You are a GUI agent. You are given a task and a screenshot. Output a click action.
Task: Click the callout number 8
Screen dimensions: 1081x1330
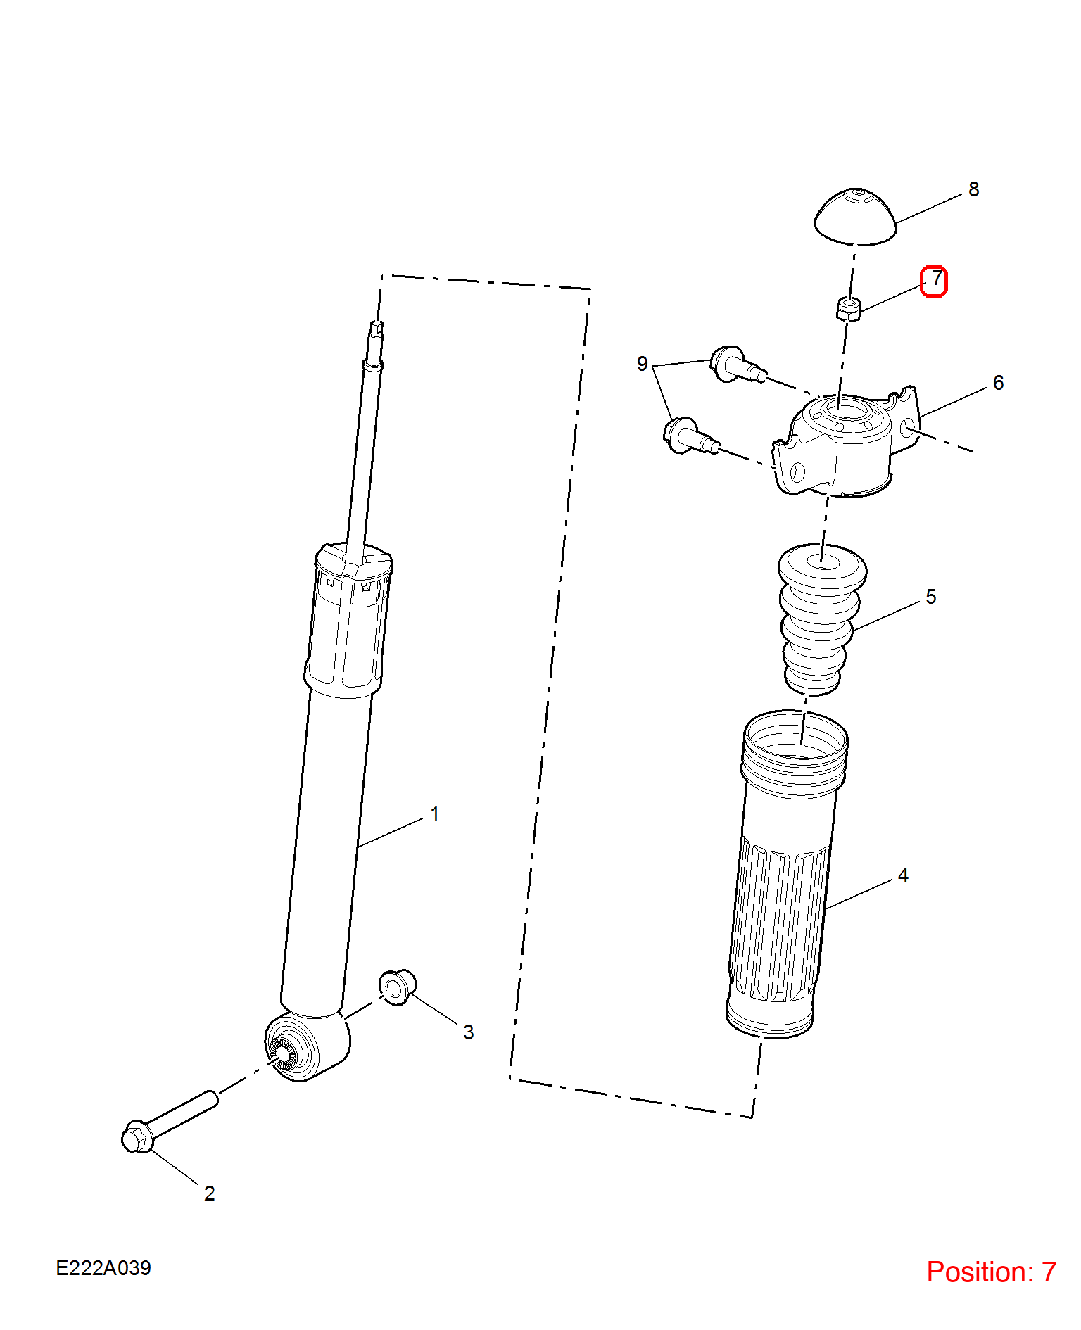tap(974, 189)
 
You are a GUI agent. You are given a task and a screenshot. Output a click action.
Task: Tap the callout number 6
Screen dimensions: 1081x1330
tap(998, 383)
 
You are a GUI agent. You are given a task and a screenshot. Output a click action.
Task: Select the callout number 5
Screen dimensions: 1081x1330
tap(931, 597)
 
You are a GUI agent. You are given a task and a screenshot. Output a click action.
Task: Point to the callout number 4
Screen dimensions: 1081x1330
tap(904, 875)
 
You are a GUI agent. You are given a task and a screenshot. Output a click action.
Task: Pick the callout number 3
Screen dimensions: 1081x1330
tap(469, 1032)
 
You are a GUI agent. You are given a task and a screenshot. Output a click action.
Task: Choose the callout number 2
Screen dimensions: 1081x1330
tap(210, 1193)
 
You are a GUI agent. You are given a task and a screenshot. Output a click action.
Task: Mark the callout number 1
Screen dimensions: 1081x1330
tap(435, 814)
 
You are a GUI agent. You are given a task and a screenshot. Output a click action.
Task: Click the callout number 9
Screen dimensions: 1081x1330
tap(642, 364)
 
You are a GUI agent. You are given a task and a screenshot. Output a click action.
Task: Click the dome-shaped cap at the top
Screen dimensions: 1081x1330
tap(855, 217)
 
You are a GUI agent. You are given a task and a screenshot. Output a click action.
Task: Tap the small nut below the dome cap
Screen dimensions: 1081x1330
tap(849, 309)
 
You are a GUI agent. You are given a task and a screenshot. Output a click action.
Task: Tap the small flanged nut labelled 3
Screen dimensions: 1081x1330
tap(398, 987)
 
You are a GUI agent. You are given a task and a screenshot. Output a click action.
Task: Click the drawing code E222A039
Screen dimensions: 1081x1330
tap(103, 1268)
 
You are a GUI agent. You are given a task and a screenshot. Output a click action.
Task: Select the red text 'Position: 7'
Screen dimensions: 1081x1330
tap(991, 1272)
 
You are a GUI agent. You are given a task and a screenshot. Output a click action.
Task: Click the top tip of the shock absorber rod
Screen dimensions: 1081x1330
tap(377, 322)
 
